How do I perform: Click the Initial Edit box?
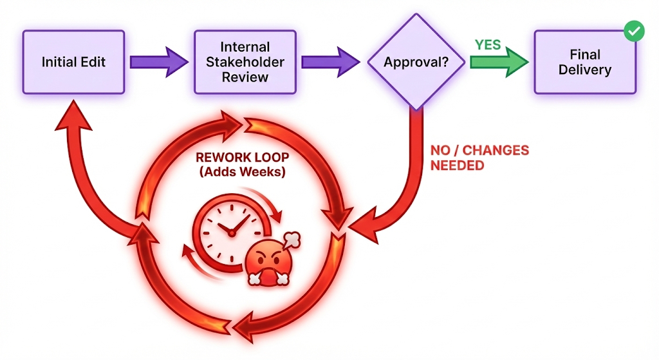pos(73,62)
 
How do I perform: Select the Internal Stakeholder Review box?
pos(245,62)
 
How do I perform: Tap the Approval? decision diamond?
pos(416,62)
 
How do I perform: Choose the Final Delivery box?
pos(584,62)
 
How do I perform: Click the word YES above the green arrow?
pos(488,44)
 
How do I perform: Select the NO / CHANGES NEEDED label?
pos(479,158)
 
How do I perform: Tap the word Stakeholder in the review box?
pos(245,62)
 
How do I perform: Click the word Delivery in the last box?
pos(584,70)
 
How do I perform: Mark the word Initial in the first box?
pos(58,62)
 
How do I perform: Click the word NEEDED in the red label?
pos(457,166)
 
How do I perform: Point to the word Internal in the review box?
pos(245,48)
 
